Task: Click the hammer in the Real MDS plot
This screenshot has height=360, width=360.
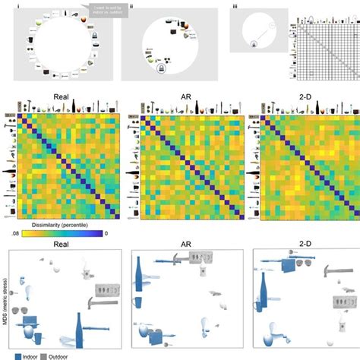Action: click(100, 304)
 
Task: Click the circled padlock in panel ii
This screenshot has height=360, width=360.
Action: click(161, 70)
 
